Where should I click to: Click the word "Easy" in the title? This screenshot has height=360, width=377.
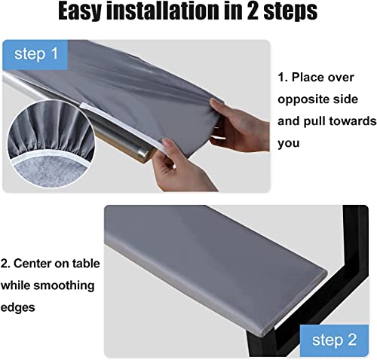tap(79, 12)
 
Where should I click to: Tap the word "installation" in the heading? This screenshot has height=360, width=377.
tap(162, 11)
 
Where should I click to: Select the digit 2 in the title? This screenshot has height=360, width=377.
tap(252, 11)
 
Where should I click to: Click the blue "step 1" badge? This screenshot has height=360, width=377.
tap(35, 54)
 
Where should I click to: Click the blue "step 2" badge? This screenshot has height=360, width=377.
tap(334, 340)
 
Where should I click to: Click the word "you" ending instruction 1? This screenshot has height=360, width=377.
tap(289, 144)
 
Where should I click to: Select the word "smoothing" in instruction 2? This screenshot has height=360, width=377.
tap(64, 285)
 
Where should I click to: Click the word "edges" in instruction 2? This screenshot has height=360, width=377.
tap(17, 307)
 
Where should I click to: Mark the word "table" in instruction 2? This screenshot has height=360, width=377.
tap(86, 264)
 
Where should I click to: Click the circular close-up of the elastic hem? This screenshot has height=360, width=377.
tap(51, 144)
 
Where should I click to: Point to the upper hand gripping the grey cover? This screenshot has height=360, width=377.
tap(239, 126)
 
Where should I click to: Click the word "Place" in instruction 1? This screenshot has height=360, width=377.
tap(308, 78)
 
